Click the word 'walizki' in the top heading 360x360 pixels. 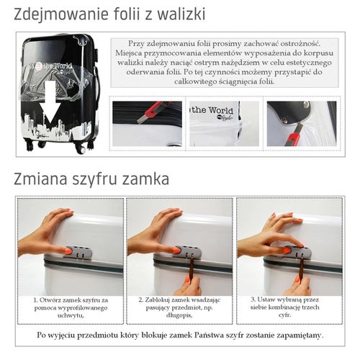pyautogui.click(x=178, y=14)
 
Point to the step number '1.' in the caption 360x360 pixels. pyautogui.click(x=35, y=299)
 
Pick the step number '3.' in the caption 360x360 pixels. pyautogui.click(x=253, y=298)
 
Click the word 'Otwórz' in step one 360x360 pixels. pyautogui.click(x=51, y=299)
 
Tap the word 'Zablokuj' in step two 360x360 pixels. pyautogui.click(x=161, y=299)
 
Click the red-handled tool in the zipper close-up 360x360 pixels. pyautogui.click(x=155, y=109)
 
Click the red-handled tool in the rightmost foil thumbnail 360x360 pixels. pyautogui.click(x=295, y=132)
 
